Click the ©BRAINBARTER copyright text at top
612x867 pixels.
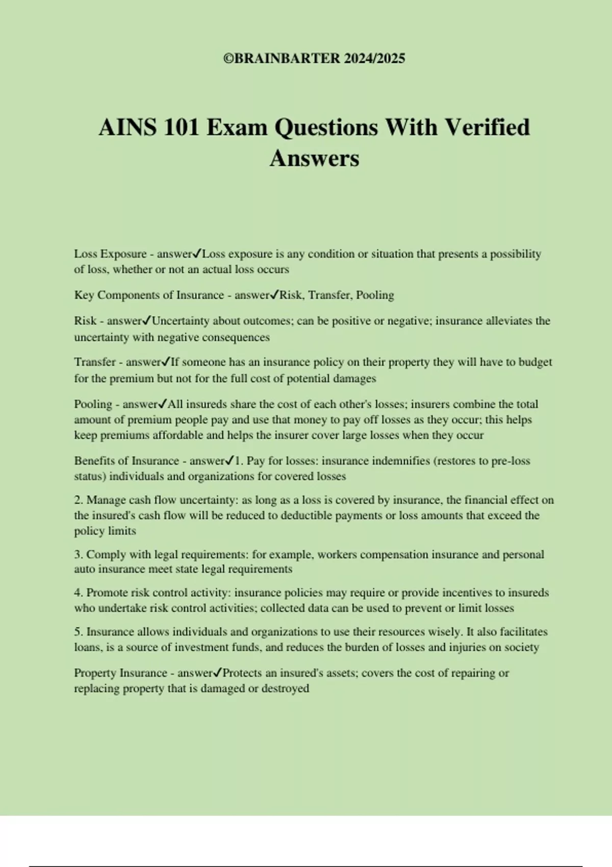pyautogui.click(x=314, y=59)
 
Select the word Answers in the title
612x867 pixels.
pyautogui.click(x=314, y=158)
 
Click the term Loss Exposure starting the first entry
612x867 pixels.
pyautogui.click(x=110, y=254)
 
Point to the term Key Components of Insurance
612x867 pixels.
pyautogui.click(x=149, y=295)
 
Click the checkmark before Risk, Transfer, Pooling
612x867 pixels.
pyautogui.click(x=274, y=294)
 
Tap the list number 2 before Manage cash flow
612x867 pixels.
pyautogui.click(x=78, y=500)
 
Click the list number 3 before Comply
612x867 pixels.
pyautogui.click(x=78, y=555)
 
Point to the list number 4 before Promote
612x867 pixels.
pyautogui.click(x=78, y=593)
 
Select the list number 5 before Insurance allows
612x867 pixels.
pyautogui.click(x=78, y=632)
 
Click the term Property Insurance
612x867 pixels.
pyautogui.click(x=120, y=673)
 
